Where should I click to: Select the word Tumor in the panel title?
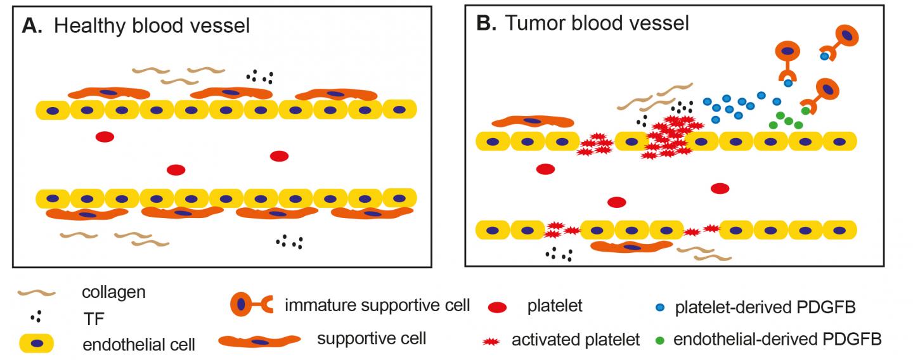[x=538, y=24]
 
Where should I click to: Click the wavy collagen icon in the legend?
[x=39, y=293]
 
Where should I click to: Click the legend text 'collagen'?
[x=114, y=292]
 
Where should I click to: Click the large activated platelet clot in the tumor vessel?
[x=669, y=136]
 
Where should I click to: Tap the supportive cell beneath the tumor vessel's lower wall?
[x=631, y=248]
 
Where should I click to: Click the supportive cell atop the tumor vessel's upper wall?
[x=533, y=121]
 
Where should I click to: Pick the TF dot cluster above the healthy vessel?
[x=259, y=77]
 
